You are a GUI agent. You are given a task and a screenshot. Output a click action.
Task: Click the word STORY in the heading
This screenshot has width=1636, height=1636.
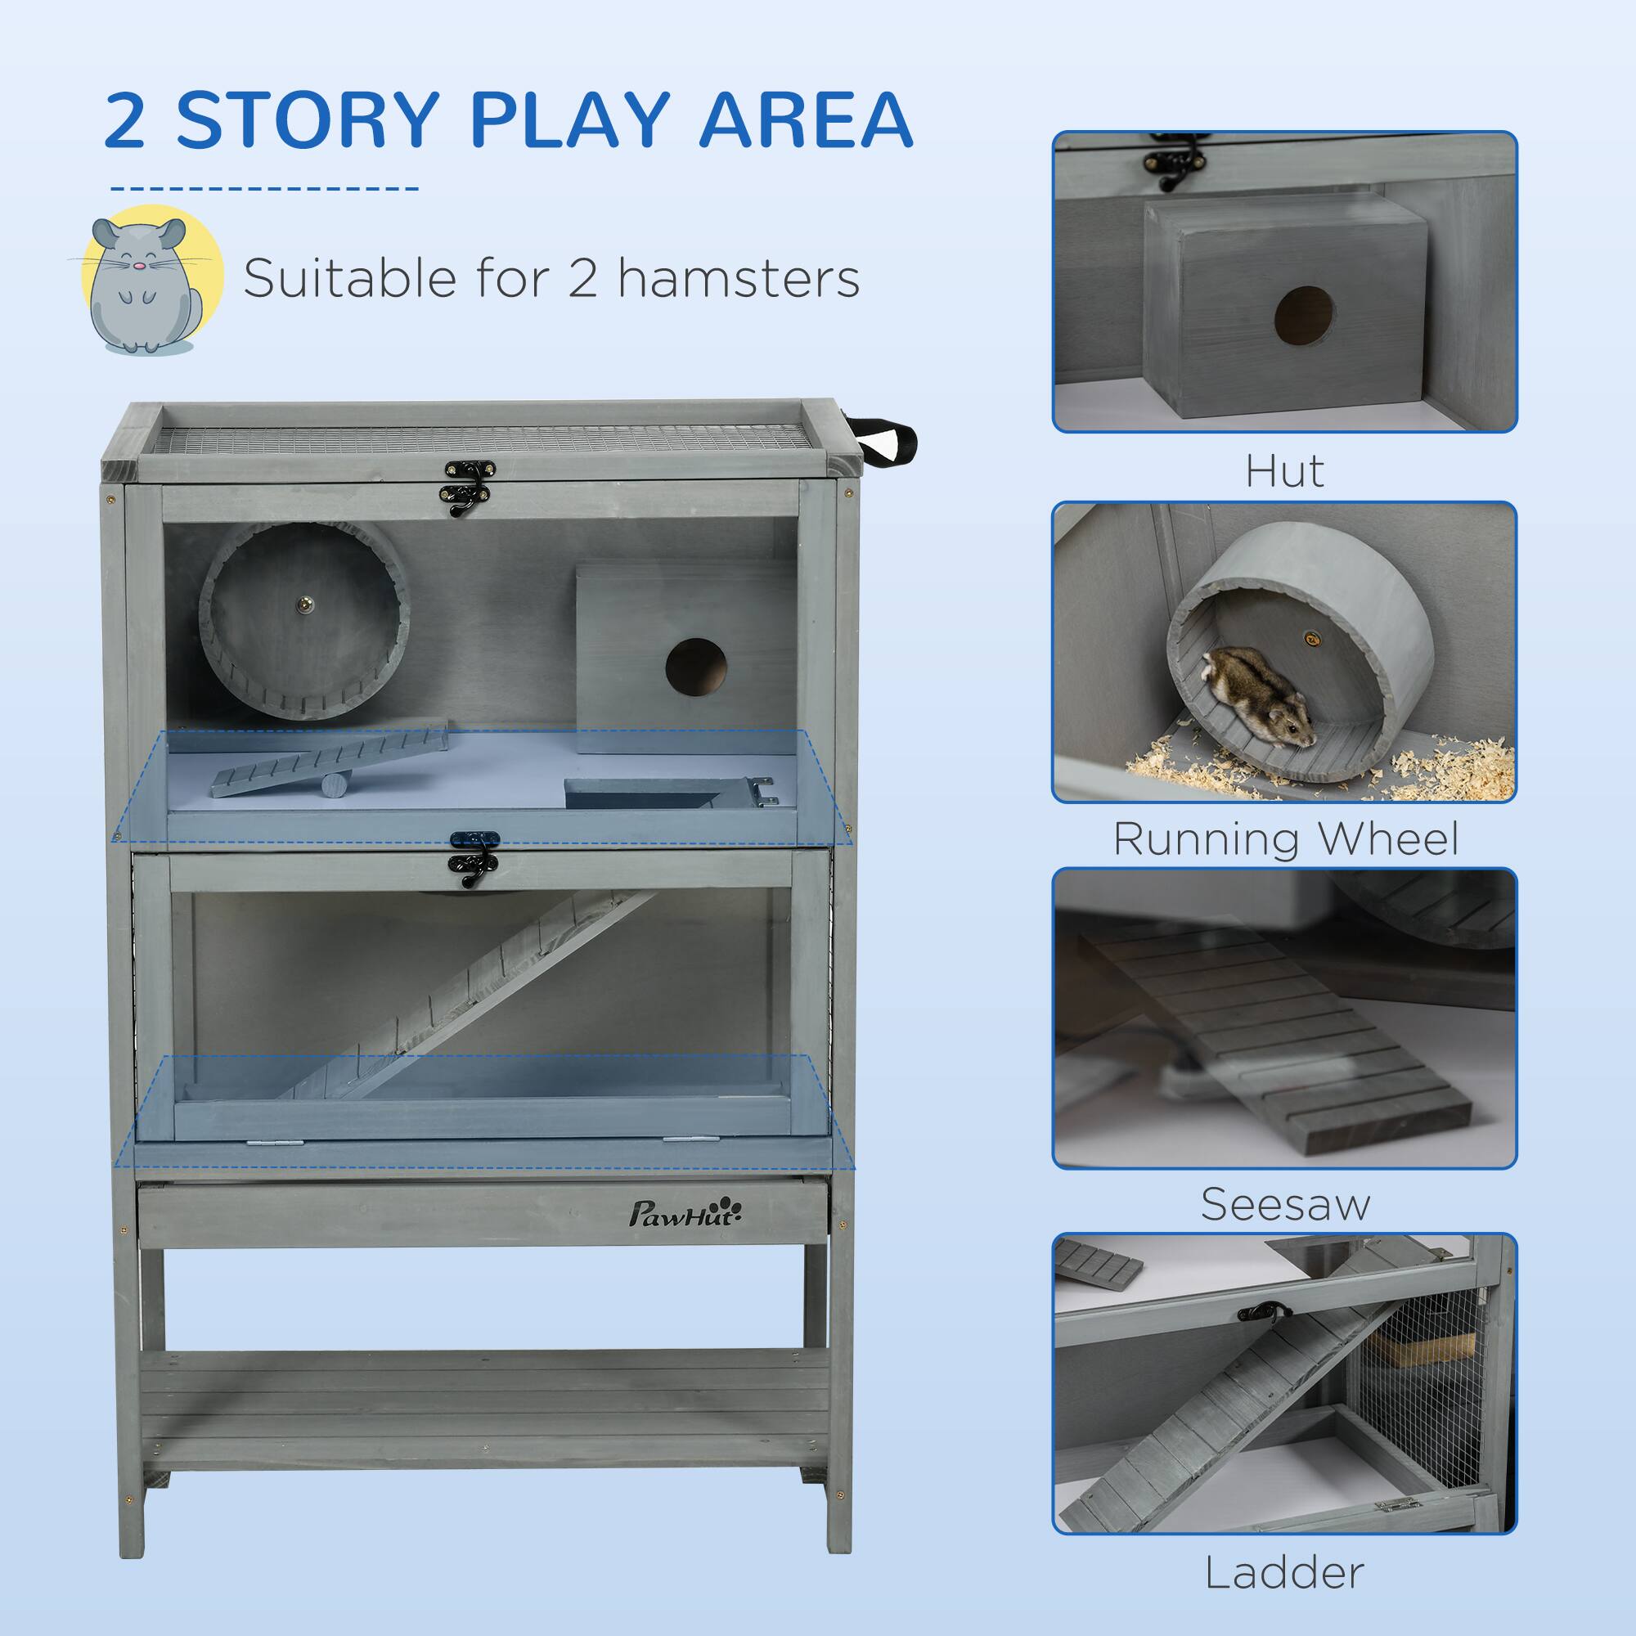[x=308, y=120]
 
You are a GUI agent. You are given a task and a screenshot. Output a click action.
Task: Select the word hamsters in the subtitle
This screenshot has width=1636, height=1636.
[x=739, y=279]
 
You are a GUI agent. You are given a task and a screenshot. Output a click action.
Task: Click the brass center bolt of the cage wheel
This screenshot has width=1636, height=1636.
[x=303, y=605]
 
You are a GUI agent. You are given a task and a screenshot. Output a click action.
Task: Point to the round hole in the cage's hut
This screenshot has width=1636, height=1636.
[x=695, y=667]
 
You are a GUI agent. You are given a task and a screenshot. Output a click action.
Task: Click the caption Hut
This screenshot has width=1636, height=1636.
[x=1283, y=472]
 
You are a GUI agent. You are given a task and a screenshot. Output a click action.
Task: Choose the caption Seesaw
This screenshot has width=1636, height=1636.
[x=1284, y=1204]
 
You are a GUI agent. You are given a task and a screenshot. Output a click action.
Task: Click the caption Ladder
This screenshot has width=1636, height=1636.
[x=1283, y=1572]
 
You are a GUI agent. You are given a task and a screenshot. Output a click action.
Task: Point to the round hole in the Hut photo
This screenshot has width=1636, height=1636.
[x=1304, y=316]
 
